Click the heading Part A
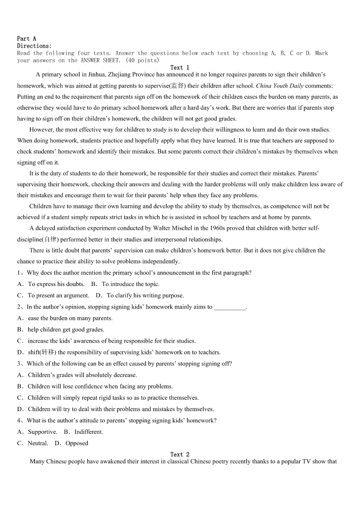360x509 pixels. pyautogui.click(x=26, y=39)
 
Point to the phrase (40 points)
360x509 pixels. pyautogui.click(x=143, y=60)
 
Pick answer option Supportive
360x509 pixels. pyautogui.click(x=42, y=432)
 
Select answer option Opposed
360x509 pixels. pyautogui.click(x=77, y=443)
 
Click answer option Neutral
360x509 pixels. pyautogui.click(x=37, y=443)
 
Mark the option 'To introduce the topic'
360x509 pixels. pyautogui.click(x=130, y=284)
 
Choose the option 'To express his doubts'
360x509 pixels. pyautogui.click(x=56, y=284)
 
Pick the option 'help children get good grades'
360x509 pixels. pyautogui.click(x=66, y=330)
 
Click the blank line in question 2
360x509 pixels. pyautogui.click(x=229, y=307)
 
